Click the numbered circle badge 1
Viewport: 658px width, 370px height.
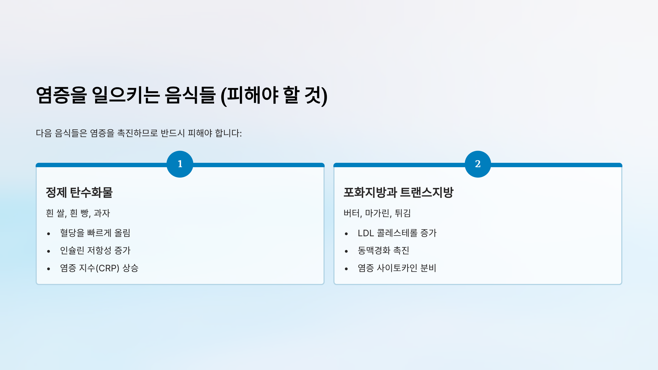click(x=180, y=164)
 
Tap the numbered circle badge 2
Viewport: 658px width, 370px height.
click(x=478, y=164)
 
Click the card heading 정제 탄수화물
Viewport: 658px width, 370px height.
click(x=79, y=192)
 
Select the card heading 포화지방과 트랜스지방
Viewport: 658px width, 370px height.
click(x=398, y=192)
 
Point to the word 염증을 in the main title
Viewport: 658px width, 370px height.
click(x=61, y=95)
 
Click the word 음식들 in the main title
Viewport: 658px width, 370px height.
click(x=190, y=95)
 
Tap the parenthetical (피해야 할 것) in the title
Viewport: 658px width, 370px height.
click(x=274, y=95)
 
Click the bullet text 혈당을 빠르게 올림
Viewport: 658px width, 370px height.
click(x=95, y=233)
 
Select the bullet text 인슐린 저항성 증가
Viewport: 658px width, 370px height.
click(x=95, y=251)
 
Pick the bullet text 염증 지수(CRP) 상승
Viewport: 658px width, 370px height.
click(x=99, y=268)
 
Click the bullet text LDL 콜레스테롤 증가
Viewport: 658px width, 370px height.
click(x=397, y=233)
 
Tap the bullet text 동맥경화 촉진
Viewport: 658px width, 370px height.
click(x=383, y=251)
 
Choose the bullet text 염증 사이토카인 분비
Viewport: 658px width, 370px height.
click(x=397, y=268)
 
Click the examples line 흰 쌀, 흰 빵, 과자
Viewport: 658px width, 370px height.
click(x=78, y=213)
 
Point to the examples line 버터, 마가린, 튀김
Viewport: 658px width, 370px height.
click(x=377, y=213)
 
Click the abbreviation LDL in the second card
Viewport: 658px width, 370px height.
click(x=366, y=233)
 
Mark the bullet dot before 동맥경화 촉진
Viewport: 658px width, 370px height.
click(x=346, y=251)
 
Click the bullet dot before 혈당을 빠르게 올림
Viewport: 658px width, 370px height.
click(x=49, y=234)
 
